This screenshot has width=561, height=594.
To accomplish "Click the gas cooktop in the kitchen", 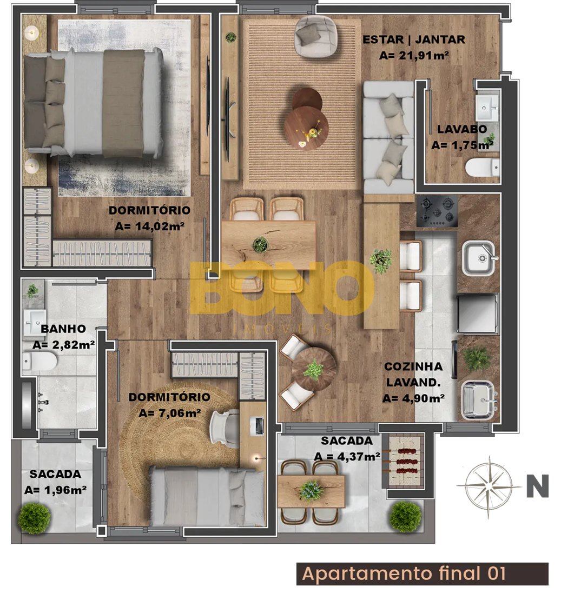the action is click(437, 211).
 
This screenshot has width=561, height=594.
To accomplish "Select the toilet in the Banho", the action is click(39, 361).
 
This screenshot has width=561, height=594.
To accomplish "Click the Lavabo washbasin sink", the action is click(487, 107).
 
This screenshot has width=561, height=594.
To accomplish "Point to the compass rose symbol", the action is click(489, 486).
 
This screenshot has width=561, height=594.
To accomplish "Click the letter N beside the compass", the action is click(538, 486).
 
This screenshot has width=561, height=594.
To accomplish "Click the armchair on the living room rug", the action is click(315, 36).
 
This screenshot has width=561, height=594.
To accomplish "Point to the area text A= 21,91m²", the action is click(414, 56).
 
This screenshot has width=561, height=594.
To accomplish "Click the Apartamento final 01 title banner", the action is click(423, 573).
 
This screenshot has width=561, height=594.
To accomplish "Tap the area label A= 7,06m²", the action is click(169, 413).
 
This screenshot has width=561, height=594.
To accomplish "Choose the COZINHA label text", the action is click(413, 366).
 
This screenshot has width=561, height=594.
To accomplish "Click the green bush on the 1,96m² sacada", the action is click(34, 518).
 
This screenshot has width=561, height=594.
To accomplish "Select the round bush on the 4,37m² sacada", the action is click(406, 517).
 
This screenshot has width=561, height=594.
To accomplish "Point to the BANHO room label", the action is click(63, 329).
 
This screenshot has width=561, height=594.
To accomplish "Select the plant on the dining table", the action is click(260, 245).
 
